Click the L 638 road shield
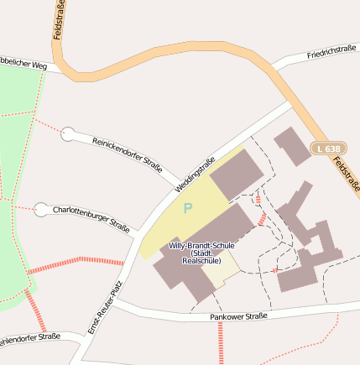[330, 148]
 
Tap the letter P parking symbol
[188, 208]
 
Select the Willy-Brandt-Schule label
[201, 245]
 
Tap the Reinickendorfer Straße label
[127, 154]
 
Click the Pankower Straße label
[238, 316]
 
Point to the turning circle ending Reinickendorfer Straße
[68, 133]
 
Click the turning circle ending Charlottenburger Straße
[40, 209]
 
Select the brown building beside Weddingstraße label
[236, 175]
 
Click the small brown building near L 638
[292, 146]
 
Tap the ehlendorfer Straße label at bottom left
[30, 339]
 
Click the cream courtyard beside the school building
[221, 270]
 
